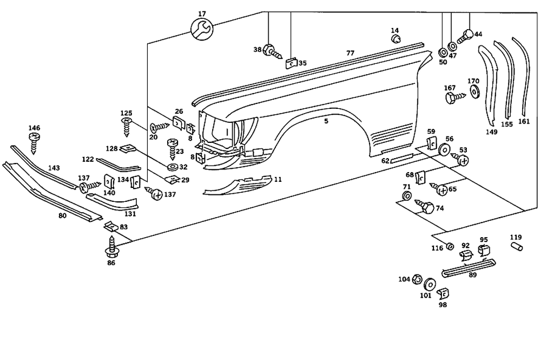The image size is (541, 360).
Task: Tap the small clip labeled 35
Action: pos(290,64)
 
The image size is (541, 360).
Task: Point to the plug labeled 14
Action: pos(395,39)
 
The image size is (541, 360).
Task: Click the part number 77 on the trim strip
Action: pos(351,53)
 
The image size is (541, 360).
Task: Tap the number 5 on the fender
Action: pos(326,121)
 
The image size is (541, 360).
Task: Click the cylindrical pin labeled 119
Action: pos(516,247)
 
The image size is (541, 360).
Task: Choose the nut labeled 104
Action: pos(417,279)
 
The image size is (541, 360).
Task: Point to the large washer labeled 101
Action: pos(431,283)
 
